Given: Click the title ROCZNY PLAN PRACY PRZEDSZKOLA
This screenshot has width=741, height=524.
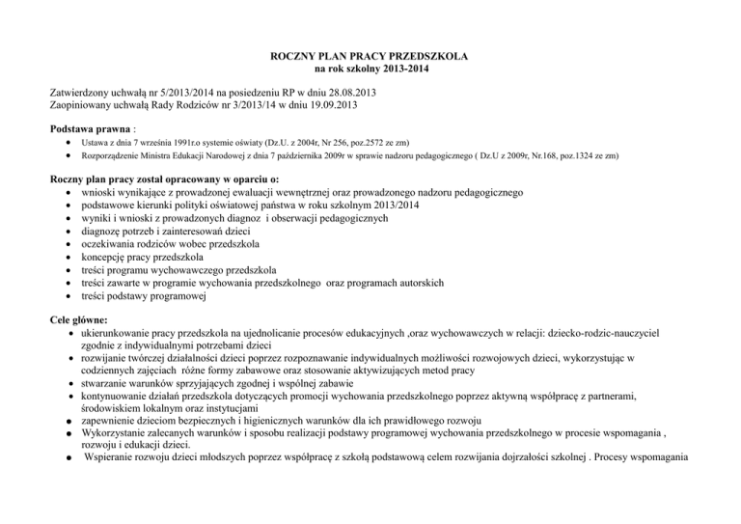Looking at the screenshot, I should (370, 58).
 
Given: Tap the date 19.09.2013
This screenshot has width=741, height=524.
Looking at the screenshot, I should (343, 107).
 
